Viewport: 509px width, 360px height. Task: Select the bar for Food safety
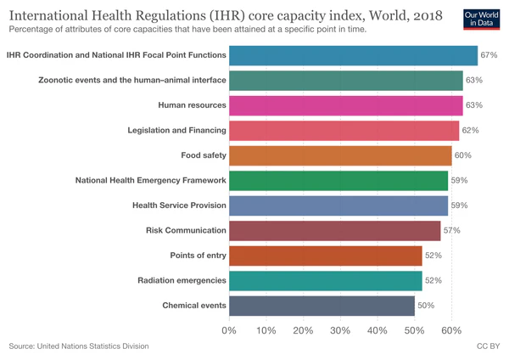(x=340, y=155)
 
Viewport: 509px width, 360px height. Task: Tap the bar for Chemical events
(x=322, y=305)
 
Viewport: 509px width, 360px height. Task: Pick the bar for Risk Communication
(x=334, y=230)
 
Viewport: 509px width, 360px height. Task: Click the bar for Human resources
(x=345, y=105)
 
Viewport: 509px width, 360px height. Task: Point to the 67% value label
(x=489, y=55)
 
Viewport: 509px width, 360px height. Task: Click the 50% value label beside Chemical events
(x=426, y=305)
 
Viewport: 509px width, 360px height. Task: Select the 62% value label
(x=470, y=131)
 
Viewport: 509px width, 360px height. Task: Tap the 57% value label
(x=451, y=230)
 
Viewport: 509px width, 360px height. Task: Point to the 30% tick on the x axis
(x=340, y=329)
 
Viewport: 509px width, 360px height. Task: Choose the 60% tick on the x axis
(x=451, y=329)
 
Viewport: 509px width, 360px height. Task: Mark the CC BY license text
(x=489, y=346)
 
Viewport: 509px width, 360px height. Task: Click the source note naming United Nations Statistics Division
(x=79, y=346)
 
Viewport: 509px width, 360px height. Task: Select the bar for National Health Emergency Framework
(x=338, y=180)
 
